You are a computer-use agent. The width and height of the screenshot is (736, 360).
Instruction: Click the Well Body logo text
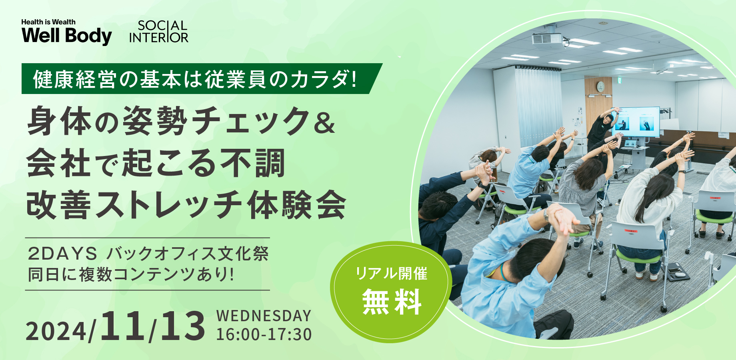66,36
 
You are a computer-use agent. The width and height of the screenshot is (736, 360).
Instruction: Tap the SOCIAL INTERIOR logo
159,32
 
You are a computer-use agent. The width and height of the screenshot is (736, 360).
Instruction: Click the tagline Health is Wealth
48,22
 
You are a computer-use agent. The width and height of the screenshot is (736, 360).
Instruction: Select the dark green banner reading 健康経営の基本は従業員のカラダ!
202,79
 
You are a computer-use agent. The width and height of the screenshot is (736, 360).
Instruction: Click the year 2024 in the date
58,331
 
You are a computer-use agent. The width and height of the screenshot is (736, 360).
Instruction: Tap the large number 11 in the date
123,326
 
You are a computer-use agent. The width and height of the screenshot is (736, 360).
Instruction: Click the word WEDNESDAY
264,316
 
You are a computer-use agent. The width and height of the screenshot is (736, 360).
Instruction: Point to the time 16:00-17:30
264,334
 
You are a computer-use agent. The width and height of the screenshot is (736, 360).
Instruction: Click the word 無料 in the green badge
392,302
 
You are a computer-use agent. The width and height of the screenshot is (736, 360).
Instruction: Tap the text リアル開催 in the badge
392,274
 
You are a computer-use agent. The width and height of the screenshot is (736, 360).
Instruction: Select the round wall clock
600,86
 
